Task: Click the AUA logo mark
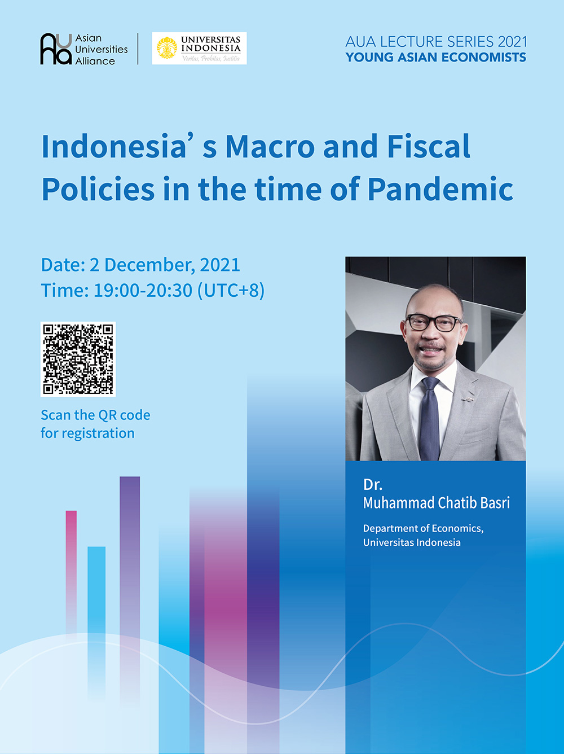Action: coord(56,49)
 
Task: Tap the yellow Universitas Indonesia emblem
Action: coord(167,48)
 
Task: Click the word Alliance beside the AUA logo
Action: coord(95,61)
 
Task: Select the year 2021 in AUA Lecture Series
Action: coord(513,42)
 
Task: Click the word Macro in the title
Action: coord(270,147)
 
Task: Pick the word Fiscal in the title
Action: coord(429,146)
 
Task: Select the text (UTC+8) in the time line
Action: coord(231,291)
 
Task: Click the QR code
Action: coord(78,359)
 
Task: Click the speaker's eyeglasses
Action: coord(434,323)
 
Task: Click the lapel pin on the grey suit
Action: coord(467,399)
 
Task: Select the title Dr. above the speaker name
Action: coord(372,484)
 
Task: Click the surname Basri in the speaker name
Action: coord(495,502)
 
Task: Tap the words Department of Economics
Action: coord(423,528)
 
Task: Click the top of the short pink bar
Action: coord(71,511)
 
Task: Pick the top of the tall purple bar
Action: coord(130,477)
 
